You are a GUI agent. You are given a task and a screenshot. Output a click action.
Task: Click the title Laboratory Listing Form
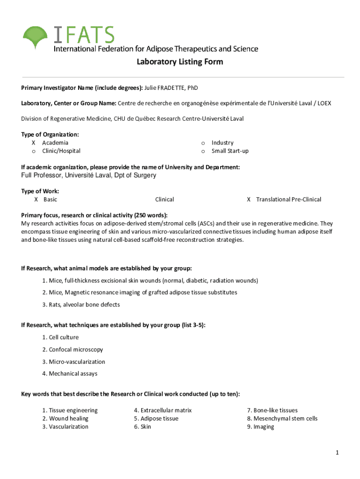(180, 62)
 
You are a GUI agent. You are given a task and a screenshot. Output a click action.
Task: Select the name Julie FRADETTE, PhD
(174, 88)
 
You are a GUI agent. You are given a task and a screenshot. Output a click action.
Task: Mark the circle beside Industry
(203, 143)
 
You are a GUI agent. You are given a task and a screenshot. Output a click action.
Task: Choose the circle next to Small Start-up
(203, 151)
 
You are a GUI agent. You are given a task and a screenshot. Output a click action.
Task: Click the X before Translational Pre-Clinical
(249, 199)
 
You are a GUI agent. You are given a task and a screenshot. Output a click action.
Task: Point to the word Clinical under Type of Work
(165, 199)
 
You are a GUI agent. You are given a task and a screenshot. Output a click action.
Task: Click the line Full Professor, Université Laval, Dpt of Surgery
(89, 175)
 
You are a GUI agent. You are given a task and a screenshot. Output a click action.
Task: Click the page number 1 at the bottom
(337, 453)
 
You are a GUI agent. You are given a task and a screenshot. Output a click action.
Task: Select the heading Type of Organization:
(50, 135)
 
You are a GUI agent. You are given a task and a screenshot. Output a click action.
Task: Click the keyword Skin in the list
(145, 427)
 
